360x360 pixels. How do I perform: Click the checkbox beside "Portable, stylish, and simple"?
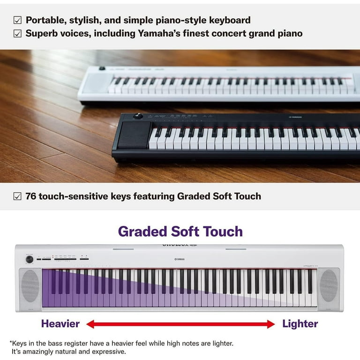coord(17,20)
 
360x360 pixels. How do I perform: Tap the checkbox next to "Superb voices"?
coord(17,33)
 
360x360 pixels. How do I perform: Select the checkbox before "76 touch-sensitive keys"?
coord(17,196)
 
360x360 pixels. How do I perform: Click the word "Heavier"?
coord(60,323)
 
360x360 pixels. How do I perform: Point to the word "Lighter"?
coord(300,323)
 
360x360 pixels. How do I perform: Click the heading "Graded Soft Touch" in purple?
coord(180,231)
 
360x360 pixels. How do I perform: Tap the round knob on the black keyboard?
coord(137,116)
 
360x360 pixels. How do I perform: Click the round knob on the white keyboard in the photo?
coord(102,68)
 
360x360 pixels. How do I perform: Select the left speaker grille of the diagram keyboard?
coord(30,285)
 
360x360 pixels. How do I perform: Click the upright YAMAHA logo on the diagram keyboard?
coord(180,259)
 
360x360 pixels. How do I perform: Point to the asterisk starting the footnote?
coord(11,343)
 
